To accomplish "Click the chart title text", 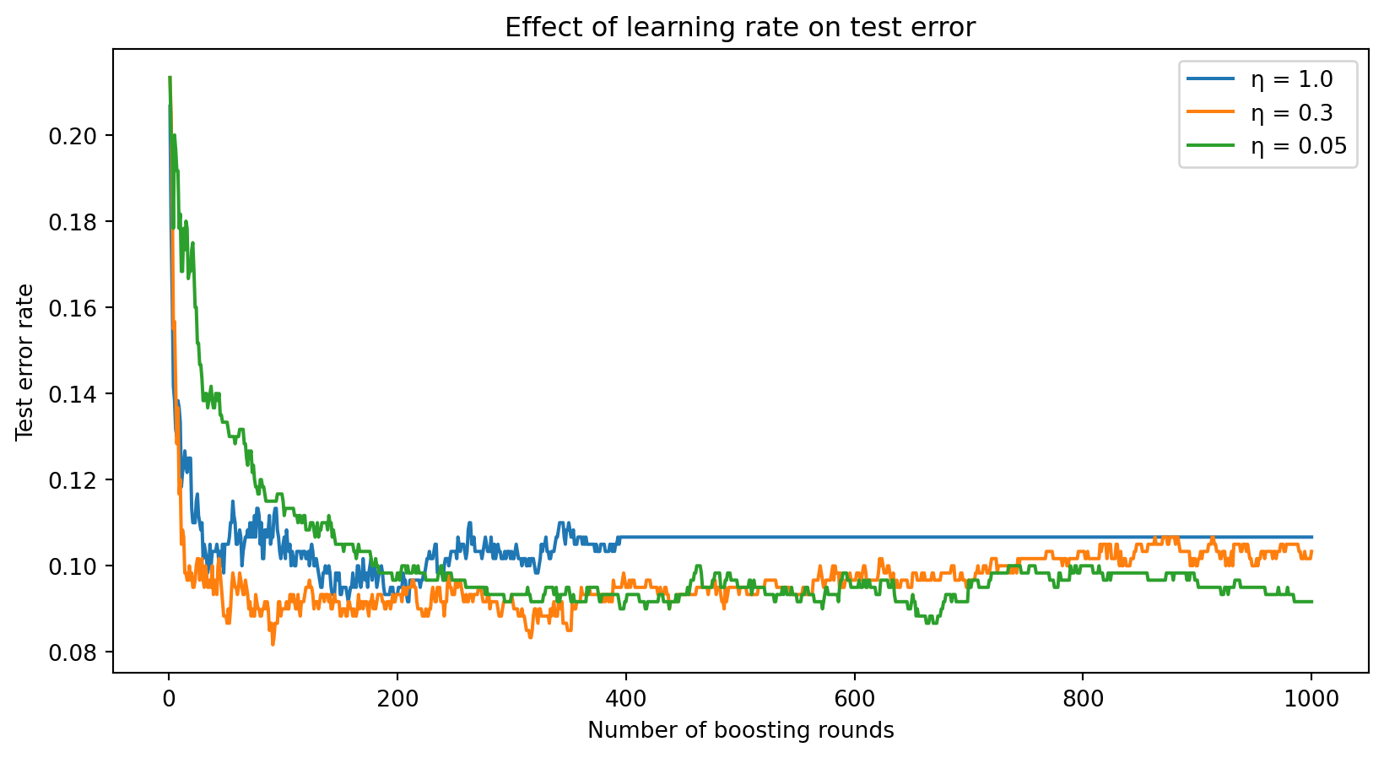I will coord(740,28).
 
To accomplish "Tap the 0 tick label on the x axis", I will coord(169,698).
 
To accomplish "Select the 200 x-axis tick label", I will coord(397,698).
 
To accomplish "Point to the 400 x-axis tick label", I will coord(626,698).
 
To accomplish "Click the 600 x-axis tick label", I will coord(854,698).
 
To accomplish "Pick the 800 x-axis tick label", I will coord(1083,698).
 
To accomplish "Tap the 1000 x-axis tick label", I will coord(1311,698).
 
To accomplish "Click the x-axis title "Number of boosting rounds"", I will coord(740,730).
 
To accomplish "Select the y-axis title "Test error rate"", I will coord(25,361).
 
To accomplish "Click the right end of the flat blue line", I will coord(1311,537).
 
